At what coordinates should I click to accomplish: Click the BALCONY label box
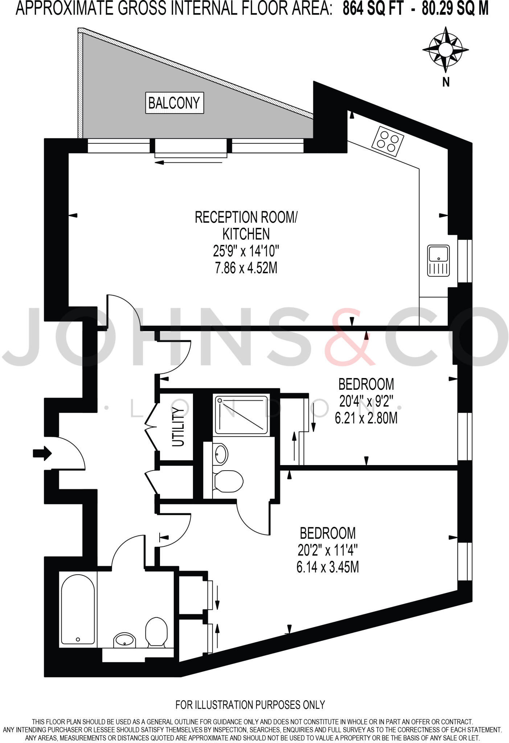pyautogui.click(x=175, y=103)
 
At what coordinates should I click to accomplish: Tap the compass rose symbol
pyautogui.click(x=446, y=50)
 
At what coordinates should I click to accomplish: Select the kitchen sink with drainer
pyautogui.click(x=438, y=260)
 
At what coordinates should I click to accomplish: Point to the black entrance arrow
pyautogui.click(x=42, y=453)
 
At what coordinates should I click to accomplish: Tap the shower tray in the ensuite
pyautogui.click(x=241, y=414)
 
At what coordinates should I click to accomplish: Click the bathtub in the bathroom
pyautogui.click(x=78, y=610)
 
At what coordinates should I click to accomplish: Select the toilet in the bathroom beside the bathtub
pyautogui.click(x=156, y=632)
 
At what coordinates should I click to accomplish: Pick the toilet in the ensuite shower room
pyautogui.click(x=228, y=480)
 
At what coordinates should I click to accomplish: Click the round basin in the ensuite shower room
pyautogui.click(x=221, y=453)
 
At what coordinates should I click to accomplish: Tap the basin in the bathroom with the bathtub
pyautogui.click(x=125, y=641)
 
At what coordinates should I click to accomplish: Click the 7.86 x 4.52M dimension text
pyautogui.click(x=246, y=268)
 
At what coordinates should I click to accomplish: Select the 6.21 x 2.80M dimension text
pyautogui.click(x=366, y=418)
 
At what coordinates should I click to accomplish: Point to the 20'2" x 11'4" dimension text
pyautogui.click(x=327, y=550)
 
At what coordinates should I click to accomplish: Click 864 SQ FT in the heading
pyautogui.click(x=373, y=9)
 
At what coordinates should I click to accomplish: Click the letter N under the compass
pyautogui.click(x=446, y=82)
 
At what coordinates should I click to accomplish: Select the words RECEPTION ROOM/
pyautogui.click(x=246, y=217)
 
